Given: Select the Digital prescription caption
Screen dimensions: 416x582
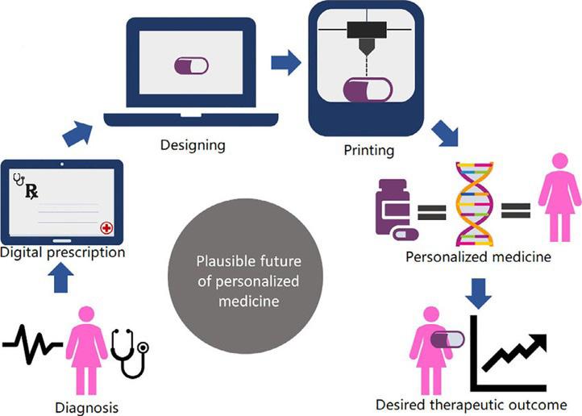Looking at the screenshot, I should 63,253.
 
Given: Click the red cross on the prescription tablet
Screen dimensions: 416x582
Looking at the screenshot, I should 106,228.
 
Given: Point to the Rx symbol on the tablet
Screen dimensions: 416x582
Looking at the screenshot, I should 31,191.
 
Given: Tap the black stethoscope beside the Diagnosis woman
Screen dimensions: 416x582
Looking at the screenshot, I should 130,352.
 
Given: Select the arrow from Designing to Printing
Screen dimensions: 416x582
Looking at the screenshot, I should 283,60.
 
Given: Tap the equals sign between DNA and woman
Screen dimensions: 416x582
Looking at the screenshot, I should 516,211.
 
